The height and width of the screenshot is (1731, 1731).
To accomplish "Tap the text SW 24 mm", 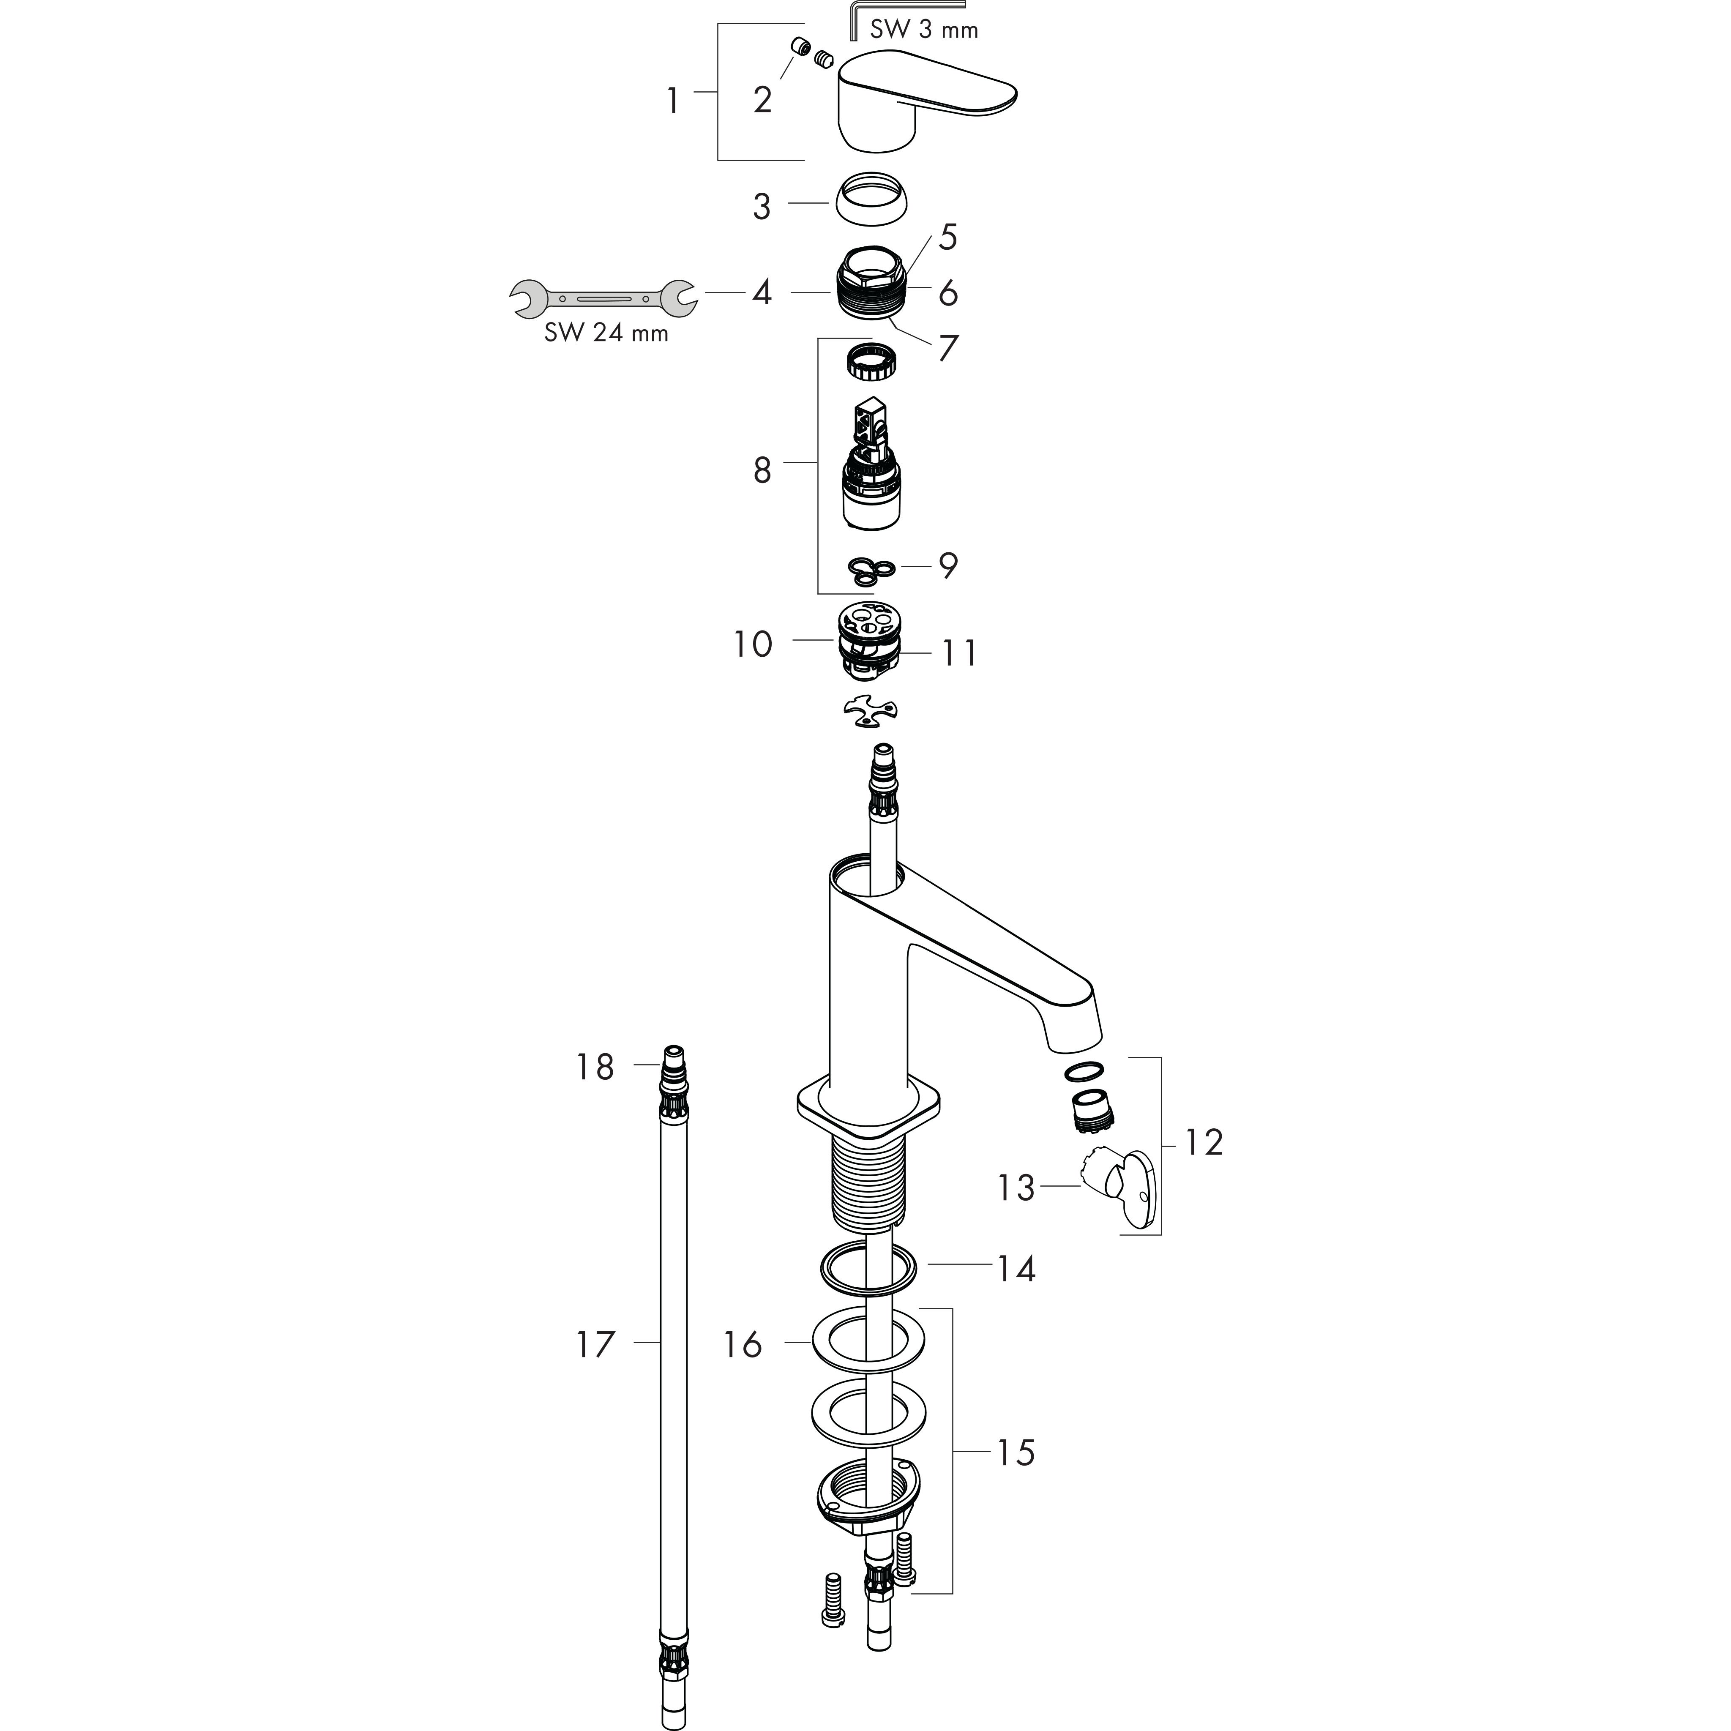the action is pyautogui.click(x=606, y=333).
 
